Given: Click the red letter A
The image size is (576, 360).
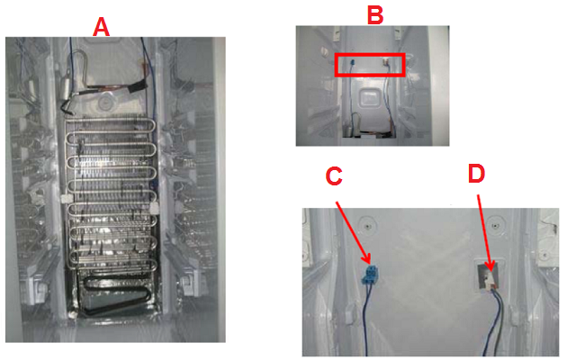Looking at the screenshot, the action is (101, 27).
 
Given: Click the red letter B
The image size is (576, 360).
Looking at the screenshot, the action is (375, 14).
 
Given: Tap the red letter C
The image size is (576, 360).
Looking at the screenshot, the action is (334, 176).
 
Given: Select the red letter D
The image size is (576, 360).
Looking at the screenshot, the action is (476, 173).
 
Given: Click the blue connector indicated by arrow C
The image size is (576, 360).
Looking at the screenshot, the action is (372, 274).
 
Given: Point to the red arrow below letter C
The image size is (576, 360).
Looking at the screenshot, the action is (354, 232).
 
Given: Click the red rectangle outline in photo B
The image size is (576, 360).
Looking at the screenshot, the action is (370, 54).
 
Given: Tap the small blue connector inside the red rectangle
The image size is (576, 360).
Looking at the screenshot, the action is (352, 62).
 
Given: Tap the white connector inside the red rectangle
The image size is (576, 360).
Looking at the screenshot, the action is (386, 62).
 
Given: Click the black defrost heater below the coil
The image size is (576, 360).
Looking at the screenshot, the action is (114, 296).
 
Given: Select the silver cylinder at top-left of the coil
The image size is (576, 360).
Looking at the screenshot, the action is (67, 87).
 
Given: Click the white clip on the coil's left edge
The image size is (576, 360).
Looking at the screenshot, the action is (66, 198).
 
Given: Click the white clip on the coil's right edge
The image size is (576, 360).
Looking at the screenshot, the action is (154, 207).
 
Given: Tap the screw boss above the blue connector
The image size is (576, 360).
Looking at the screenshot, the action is (367, 226).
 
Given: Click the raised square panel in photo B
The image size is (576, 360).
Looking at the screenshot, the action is (368, 98).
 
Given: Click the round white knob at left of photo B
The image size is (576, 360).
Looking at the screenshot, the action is (324, 51).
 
